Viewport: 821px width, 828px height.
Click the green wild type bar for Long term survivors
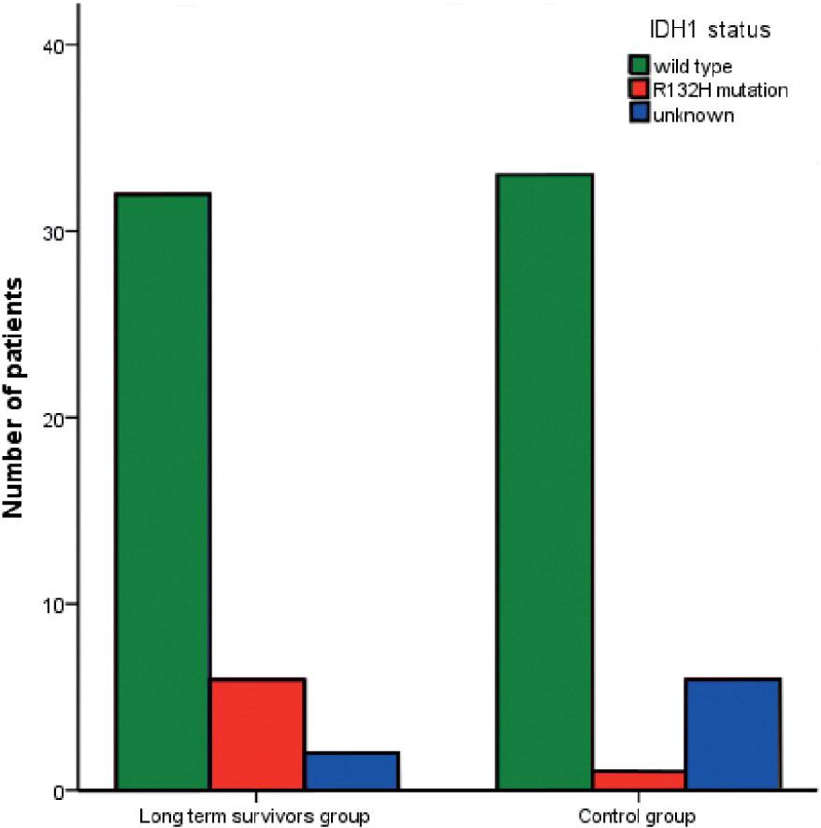(x=162, y=492)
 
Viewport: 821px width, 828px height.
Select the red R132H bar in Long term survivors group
(x=257, y=735)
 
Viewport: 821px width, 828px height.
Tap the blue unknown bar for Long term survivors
(x=352, y=771)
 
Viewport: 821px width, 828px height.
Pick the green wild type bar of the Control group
(x=544, y=482)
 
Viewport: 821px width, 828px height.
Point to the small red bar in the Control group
(x=639, y=780)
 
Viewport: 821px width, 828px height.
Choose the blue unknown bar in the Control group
(x=733, y=735)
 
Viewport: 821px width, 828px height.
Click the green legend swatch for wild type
(x=639, y=65)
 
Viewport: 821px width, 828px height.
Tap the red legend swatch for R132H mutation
(x=639, y=91)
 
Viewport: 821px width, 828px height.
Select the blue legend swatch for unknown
(x=639, y=116)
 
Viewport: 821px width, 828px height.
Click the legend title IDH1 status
(x=717, y=31)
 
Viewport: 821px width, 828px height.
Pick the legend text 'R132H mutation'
(x=719, y=91)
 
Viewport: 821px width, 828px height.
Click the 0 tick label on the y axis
(x=58, y=791)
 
